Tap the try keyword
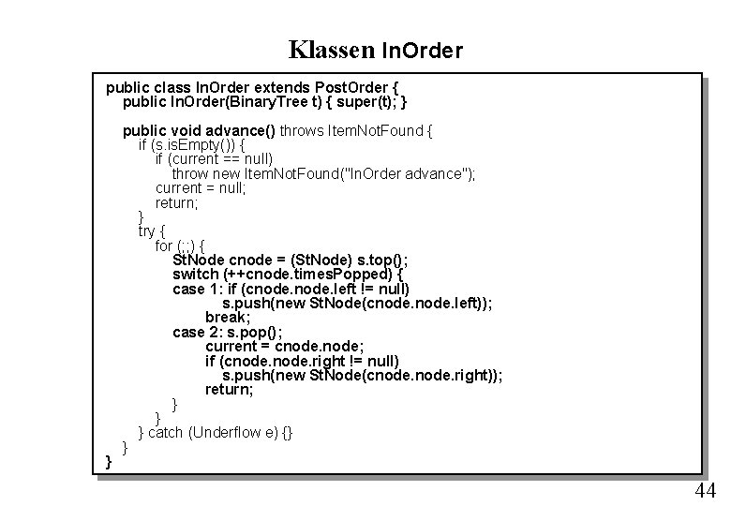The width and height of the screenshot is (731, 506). [x=148, y=231]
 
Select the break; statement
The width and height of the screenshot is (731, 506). [x=227, y=317]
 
